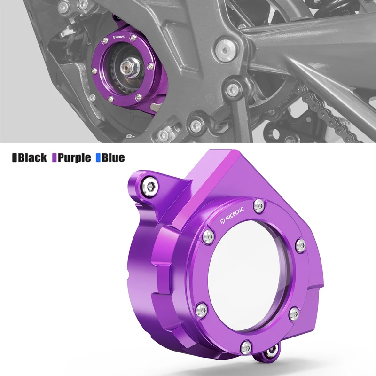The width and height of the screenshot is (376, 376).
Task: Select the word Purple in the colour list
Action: pyautogui.click(x=74, y=157)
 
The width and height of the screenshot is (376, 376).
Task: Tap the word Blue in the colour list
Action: pyautogui.click(x=113, y=157)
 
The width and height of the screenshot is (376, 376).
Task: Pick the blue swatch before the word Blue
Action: pyautogui.click(x=98, y=157)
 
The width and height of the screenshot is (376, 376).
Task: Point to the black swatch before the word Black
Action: pyautogui.click(x=14, y=157)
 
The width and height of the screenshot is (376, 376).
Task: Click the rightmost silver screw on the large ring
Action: pyautogui.click(x=298, y=244)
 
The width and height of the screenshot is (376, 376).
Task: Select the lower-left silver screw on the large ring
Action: pyautogui.click(x=201, y=309)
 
